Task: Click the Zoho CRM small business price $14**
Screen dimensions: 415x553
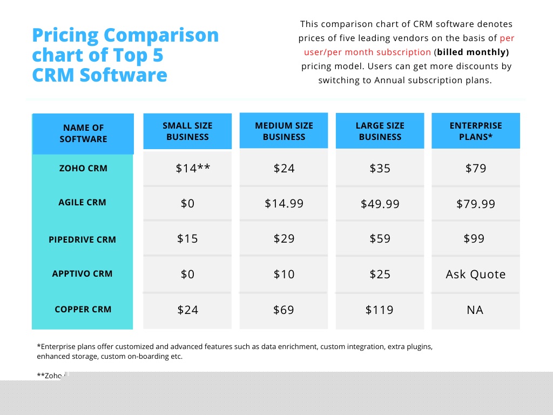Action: (192, 169)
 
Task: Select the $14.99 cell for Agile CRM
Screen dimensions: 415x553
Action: (284, 204)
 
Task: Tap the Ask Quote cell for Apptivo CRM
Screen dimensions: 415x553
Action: (476, 275)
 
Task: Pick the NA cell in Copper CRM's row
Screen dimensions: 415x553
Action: (475, 310)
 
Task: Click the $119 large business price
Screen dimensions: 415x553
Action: (380, 310)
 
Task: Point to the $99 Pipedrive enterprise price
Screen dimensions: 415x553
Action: (474, 239)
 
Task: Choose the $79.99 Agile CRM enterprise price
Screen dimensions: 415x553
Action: (476, 204)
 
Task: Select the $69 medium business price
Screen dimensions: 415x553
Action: (284, 310)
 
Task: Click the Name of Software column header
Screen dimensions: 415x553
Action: (83, 133)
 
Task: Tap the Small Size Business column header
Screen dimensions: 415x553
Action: (187, 131)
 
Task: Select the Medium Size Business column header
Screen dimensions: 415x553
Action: (284, 131)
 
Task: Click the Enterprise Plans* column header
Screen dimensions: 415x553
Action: (476, 131)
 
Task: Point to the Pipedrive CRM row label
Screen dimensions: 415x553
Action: (82, 239)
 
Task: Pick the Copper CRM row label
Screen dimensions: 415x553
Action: (83, 310)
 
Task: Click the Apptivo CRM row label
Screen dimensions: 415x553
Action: (82, 274)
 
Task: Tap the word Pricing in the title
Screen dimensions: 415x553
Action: (65, 36)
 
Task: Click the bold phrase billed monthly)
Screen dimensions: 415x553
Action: (473, 52)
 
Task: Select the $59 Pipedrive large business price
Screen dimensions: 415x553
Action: (380, 239)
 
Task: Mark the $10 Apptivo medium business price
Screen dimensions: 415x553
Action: (284, 275)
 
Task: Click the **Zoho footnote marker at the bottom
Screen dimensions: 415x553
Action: (49, 376)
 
